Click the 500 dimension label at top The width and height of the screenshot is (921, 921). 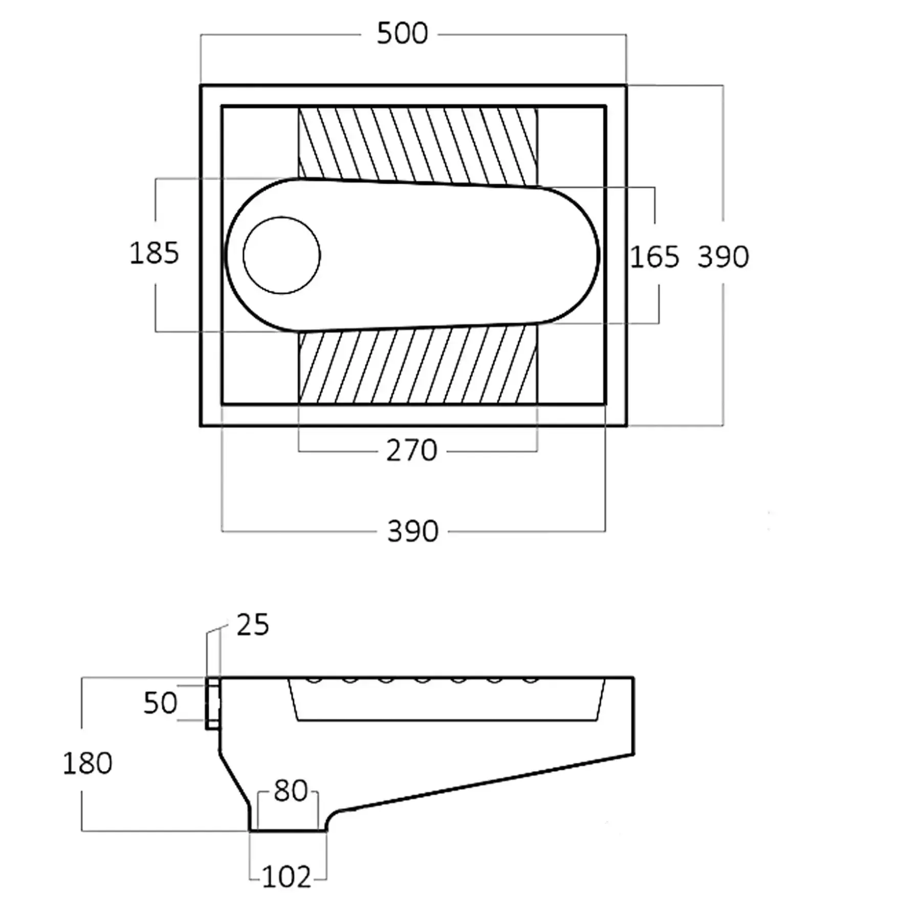[402, 34]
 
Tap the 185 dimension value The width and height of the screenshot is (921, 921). [154, 253]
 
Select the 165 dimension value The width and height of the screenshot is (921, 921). [654, 256]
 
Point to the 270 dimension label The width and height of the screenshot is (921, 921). [411, 451]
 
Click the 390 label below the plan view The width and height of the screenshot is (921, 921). [413, 531]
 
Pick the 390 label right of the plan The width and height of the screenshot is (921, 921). [723, 256]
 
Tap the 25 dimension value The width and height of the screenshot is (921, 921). [252, 625]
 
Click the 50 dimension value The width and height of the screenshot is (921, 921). [160, 703]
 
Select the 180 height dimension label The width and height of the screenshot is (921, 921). [87, 763]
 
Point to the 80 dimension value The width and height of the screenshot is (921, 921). [290, 791]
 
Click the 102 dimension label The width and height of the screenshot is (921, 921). [287, 877]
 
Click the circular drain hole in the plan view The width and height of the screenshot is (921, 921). [281, 255]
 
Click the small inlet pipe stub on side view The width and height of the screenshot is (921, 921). [213, 703]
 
